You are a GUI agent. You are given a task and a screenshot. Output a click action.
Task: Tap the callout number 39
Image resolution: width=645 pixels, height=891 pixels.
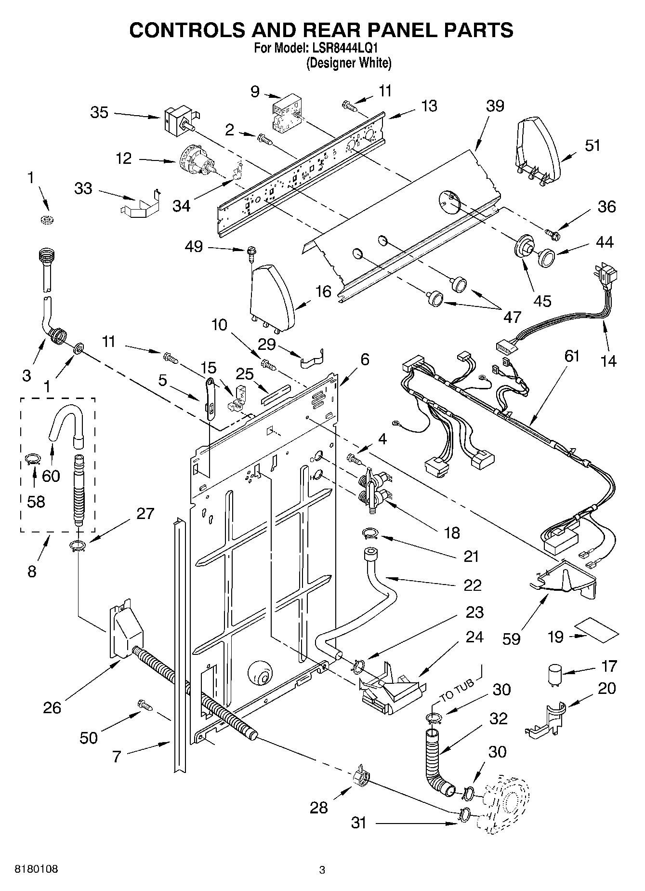coord(495,106)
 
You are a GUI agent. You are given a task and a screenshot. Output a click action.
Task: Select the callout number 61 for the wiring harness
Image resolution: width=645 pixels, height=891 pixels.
coord(572,356)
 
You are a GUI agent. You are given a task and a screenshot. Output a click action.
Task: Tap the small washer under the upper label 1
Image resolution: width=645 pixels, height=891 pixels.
coord(47,220)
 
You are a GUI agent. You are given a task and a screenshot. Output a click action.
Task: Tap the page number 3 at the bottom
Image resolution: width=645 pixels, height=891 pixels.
coord(322,870)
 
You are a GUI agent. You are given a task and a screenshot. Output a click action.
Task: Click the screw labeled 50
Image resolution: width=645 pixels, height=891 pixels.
coord(145,705)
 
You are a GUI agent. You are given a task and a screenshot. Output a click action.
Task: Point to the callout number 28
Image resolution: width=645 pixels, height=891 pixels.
coord(318,807)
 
